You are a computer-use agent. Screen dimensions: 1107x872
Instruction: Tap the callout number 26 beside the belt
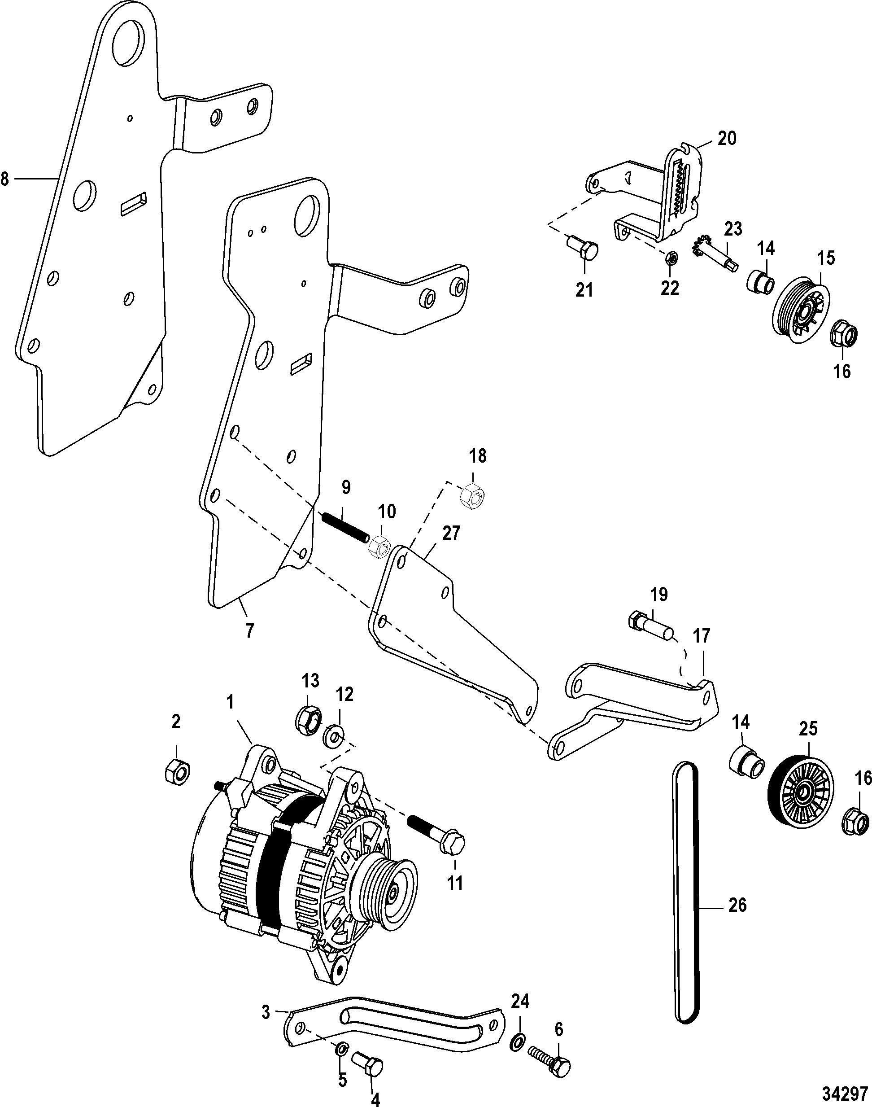tap(738, 906)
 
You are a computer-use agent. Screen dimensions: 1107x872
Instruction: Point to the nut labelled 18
tap(473, 494)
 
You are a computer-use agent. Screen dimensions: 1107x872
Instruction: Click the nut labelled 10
tap(379, 547)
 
